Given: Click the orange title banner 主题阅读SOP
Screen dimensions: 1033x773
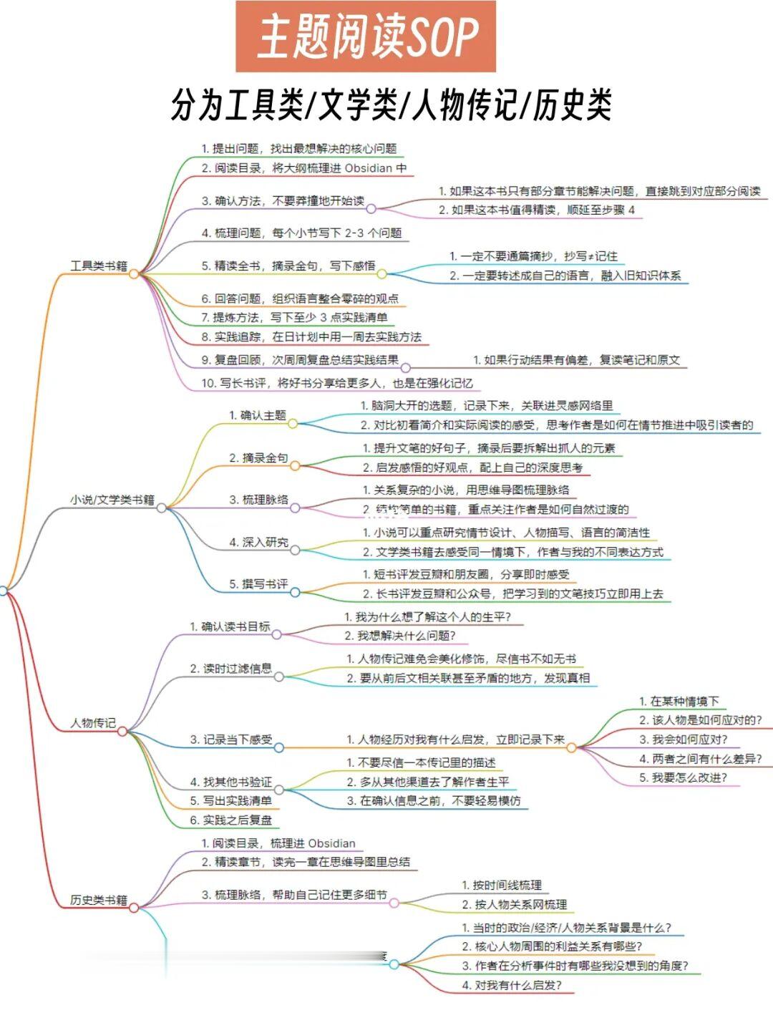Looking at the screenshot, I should [366, 37].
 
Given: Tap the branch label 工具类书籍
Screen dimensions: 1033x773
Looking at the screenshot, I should [99, 266].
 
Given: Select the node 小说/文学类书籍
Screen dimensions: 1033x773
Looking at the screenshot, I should [112, 500].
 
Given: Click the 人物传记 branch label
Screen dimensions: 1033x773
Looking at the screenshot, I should [93, 722].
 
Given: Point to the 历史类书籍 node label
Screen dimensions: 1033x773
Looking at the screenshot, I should [99, 899].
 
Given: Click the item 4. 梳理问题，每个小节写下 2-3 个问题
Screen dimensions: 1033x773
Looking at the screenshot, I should [301, 233].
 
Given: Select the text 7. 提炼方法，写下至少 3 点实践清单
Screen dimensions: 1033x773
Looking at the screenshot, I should [294, 317].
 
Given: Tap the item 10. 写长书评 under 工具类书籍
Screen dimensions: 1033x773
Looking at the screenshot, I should [336, 383].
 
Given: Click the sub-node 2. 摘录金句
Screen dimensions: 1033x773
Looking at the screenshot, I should [258, 457].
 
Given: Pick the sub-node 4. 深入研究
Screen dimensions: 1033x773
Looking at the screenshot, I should [258, 542].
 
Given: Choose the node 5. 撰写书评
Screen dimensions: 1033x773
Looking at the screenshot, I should [258, 584].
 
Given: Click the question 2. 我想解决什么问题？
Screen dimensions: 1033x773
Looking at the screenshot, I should [400, 635].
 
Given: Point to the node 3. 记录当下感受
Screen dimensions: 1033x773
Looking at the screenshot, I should [231, 739].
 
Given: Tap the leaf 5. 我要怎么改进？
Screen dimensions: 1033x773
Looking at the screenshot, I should [684, 777].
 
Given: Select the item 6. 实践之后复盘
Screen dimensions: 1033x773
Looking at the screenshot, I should [231, 820].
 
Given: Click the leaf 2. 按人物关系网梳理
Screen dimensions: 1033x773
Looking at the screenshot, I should [514, 904].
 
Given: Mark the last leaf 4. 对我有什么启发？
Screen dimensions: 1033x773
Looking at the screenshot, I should [512, 985].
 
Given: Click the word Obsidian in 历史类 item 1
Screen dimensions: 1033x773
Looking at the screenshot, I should [332, 843].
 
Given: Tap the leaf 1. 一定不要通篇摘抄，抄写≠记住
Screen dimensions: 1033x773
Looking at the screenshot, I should [533, 256].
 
